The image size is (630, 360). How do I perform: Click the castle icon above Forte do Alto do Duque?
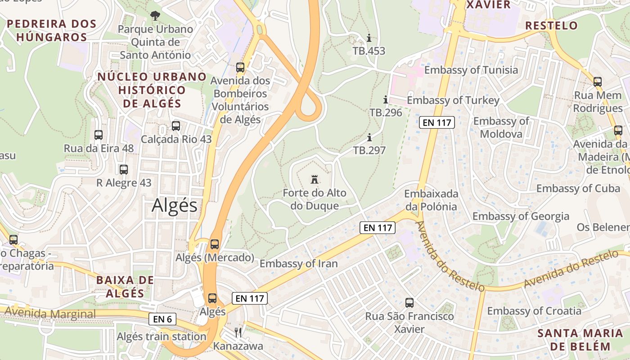click(315, 180)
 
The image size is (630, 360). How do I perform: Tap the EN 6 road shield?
click(162, 319)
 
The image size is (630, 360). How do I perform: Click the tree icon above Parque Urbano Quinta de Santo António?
click(155, 16)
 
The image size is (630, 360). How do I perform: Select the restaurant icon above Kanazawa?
click(238, 333)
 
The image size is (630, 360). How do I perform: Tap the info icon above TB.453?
click(369, 38)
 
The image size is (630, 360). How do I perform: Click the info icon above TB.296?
click(385, 99)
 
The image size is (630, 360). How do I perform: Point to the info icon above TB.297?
click(369, 137)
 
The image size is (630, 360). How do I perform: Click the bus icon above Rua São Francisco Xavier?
click(409, 303)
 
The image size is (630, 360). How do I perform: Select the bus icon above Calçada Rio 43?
click(176, 126)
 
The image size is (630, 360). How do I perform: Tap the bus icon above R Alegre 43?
click(124, 170)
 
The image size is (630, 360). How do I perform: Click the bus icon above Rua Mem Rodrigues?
click(598, 82)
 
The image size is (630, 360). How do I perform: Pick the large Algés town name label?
click(175, 206)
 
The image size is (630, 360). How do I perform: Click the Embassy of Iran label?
click(298, 264)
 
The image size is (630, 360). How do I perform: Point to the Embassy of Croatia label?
click(534, 311)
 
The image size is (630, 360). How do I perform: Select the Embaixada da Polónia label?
click(431, 200)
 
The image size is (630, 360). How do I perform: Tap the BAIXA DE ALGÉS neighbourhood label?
click(125, 287)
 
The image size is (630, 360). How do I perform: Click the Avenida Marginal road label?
click(51, 314)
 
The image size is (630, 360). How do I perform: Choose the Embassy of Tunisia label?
click(471, 70)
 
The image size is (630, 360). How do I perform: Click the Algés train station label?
click(161, 337)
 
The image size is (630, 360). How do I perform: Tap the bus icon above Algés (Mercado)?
click(215, 244)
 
